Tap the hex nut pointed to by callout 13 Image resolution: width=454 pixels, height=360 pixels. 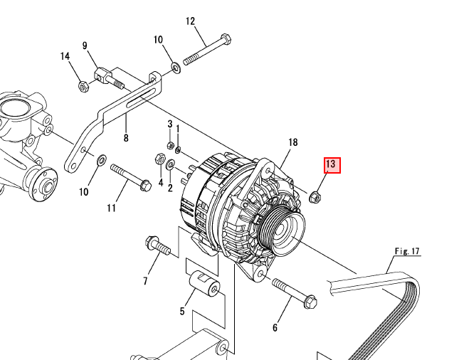(x=316, y=196)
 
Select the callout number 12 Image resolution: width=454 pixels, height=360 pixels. (x=190, y=21)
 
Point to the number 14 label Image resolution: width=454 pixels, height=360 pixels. (x=65, y=57)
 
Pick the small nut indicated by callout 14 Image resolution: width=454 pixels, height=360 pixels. (x=83, y=87)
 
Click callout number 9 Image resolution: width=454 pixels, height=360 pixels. (x=86, y=46)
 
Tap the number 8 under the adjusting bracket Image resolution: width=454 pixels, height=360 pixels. (x=126, y=139)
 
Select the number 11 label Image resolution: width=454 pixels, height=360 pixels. (x=111, y=208)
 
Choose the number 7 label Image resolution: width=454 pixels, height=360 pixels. (x=145, y=281)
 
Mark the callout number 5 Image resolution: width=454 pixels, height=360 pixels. (x=182, y=312)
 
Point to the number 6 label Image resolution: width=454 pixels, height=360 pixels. (x=275, y=327)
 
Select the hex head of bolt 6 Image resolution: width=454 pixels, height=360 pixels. (x=310, y=302)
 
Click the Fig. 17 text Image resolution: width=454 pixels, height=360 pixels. (x=408, y=251)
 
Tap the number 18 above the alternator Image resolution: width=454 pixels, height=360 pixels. (x=292, y=143)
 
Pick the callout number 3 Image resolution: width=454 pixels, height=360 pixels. (x=170, y=125)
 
